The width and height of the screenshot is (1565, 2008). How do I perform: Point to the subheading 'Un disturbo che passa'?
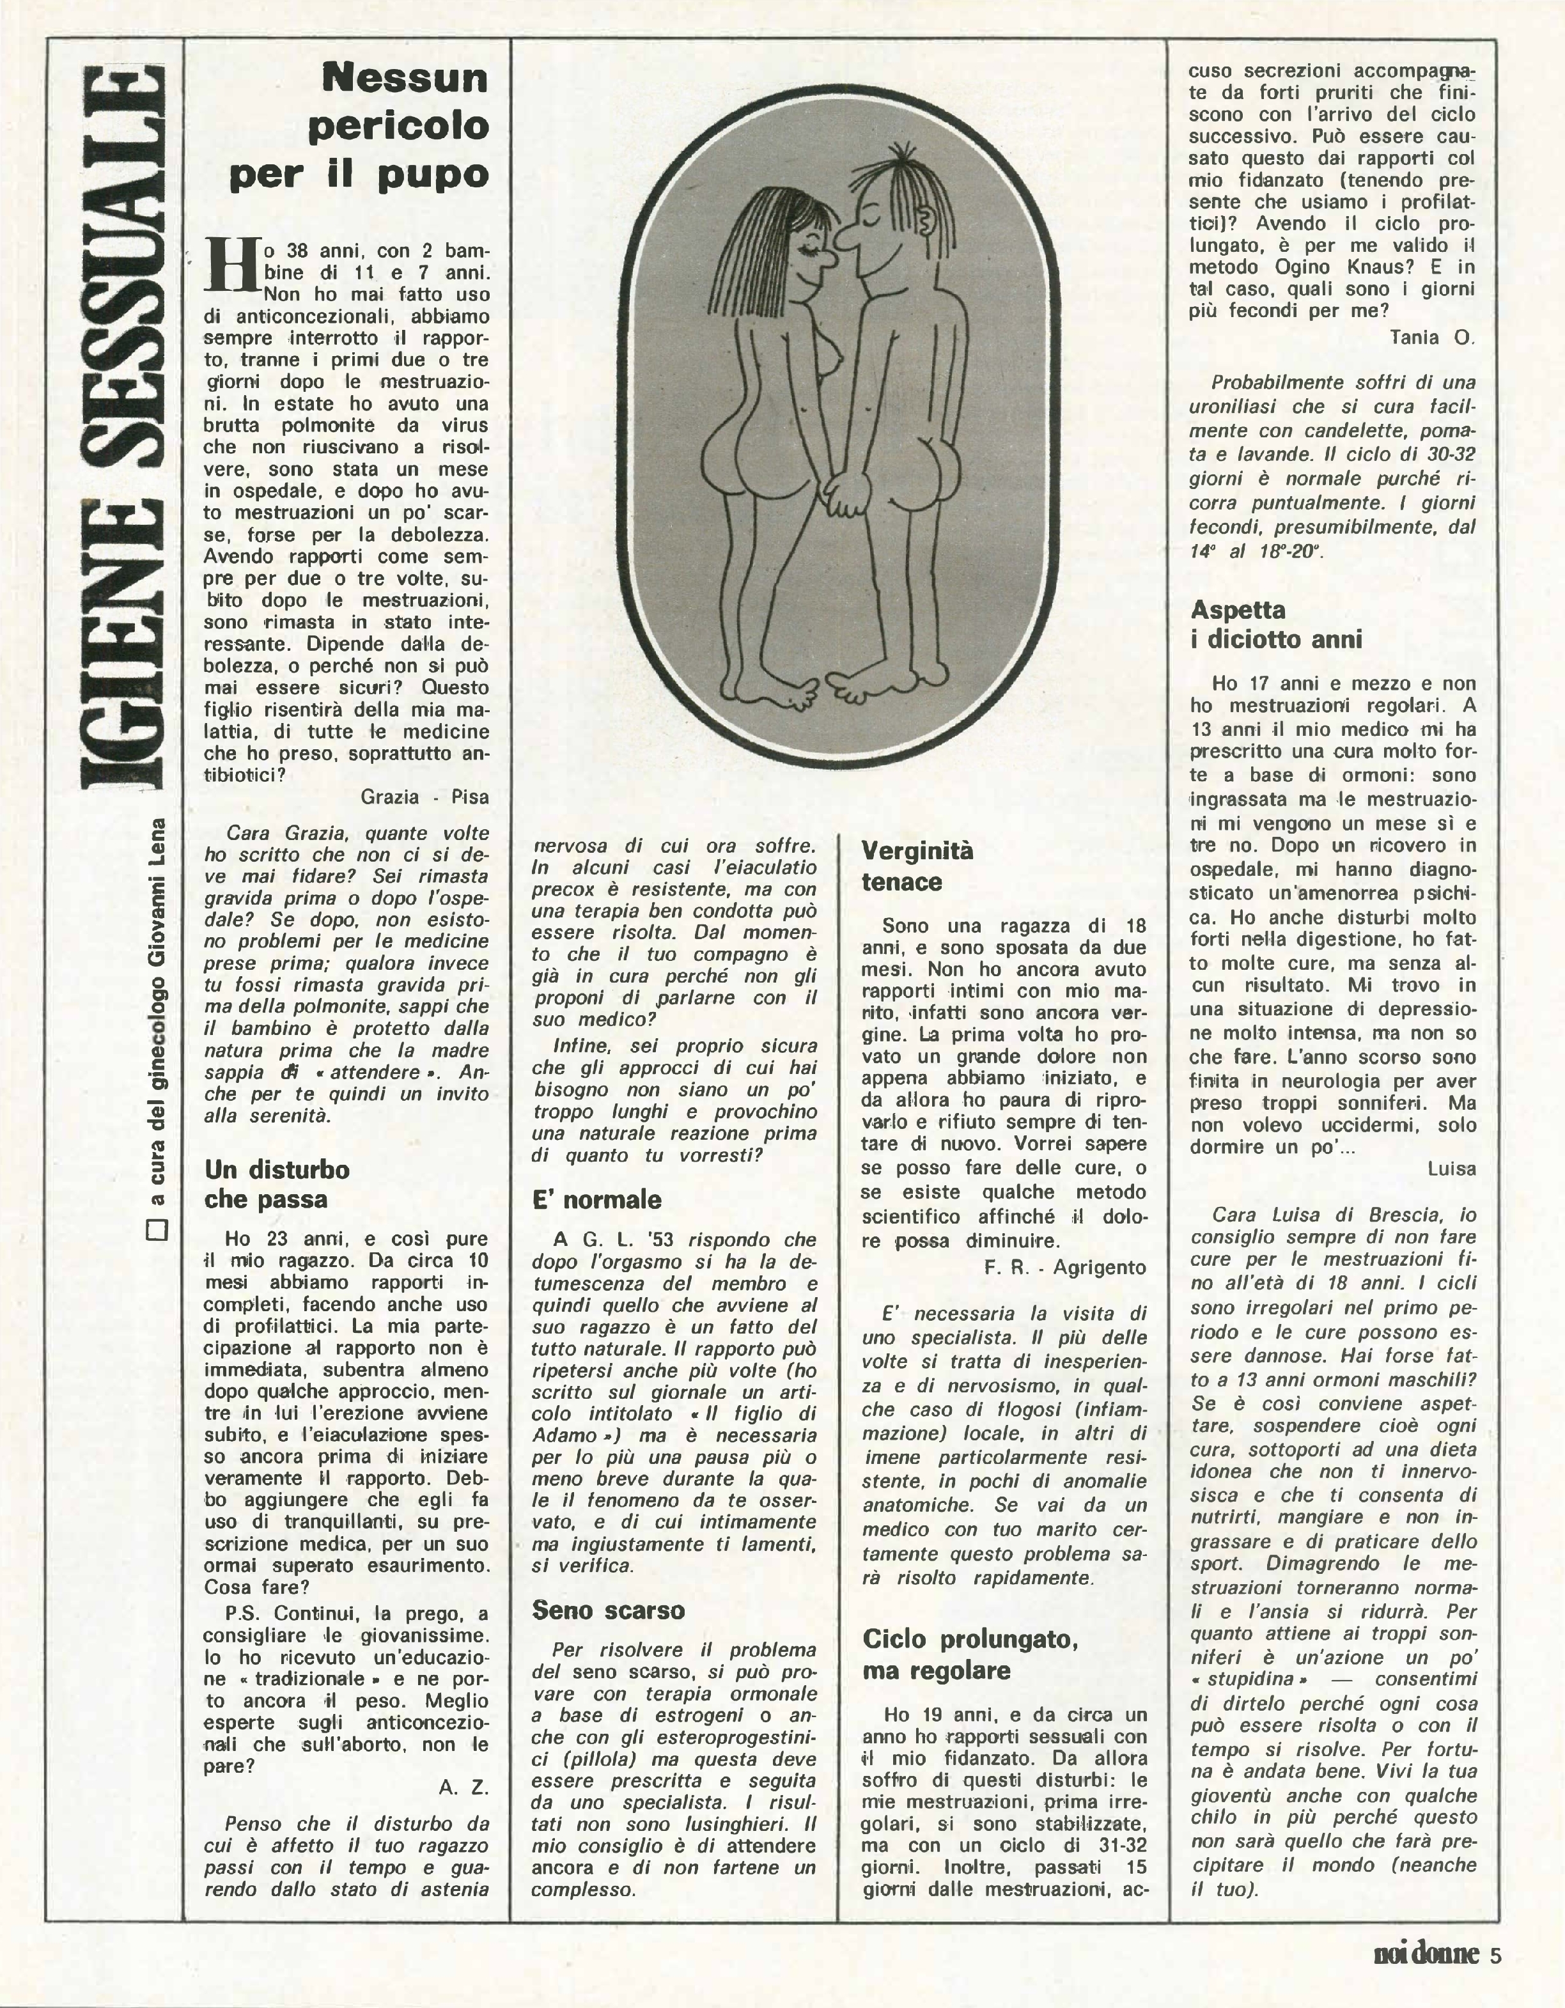point(277,1184)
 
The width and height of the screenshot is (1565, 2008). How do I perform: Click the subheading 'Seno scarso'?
point(609,1610)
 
